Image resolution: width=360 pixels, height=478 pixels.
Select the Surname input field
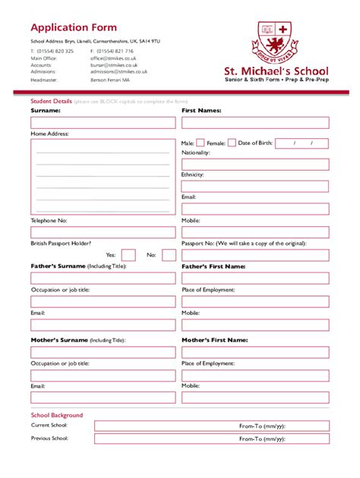(103, 122)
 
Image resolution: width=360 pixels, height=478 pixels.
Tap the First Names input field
(255, 122)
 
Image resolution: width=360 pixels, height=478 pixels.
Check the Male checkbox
(201, 143)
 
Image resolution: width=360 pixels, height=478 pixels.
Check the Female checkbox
(232, 143)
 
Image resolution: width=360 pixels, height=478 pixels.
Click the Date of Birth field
(302, 143)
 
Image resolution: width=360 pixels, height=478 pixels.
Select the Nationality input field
(255, 165)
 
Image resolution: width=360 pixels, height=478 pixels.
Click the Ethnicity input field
(255, 187)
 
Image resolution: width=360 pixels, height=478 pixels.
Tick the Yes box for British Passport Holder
(128, 255)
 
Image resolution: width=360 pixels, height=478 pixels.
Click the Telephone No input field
(103, 233)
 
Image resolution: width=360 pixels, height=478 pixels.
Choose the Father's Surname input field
(103, 278)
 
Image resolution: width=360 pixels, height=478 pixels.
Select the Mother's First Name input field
(255, 352)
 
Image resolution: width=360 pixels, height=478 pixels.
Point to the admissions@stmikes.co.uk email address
(119, 71)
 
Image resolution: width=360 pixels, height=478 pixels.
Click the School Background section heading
(57, 415)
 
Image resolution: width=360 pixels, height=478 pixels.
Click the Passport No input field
(255, 255)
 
